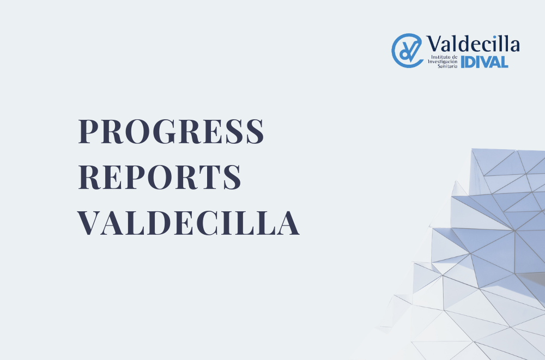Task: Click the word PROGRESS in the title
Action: (171, 131)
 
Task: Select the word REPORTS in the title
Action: (160, 177)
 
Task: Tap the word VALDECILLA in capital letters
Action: (188, 223)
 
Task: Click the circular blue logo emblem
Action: (407, 51)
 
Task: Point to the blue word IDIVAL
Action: (485, 62)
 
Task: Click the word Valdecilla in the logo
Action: (473, 44)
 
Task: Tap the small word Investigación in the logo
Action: (443, 62)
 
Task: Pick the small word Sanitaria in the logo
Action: (447, 66)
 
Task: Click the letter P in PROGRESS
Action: (89, 131)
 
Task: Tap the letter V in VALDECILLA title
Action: (90, 223)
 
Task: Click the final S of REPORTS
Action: (232, 177)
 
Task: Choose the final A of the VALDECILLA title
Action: (287, 223)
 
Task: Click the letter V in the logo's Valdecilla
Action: (435, 44)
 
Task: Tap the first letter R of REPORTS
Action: (90, 177)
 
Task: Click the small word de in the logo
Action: (455, 57)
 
